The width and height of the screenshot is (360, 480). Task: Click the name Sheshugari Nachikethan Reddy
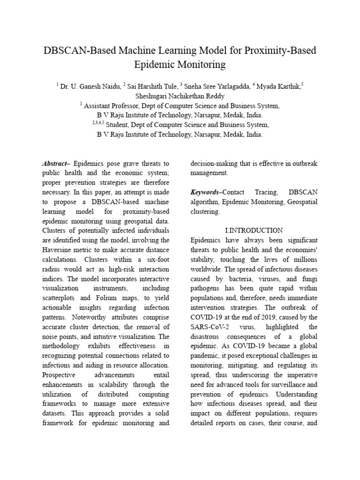point(180,96)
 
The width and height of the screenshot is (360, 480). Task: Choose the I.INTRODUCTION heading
point(254,231)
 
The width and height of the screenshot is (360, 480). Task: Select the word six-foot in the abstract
point(155,259)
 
